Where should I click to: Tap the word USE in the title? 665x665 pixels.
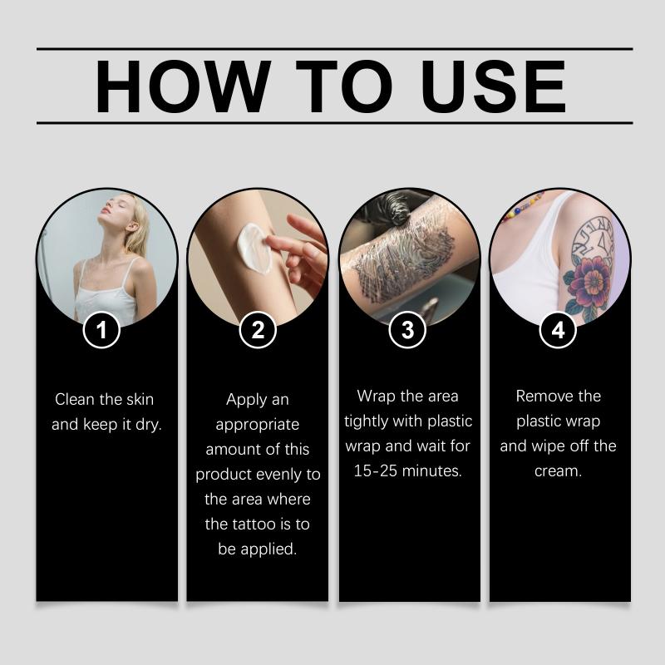tap(493, 86)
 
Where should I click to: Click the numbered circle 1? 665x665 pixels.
tap(101, 329)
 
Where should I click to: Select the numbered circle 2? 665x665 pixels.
tap(258, 329)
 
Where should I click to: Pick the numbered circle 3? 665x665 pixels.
tap(407, 329)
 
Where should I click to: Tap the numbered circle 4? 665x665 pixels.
tap(558, 329)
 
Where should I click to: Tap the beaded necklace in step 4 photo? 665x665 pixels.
tap(523, 206)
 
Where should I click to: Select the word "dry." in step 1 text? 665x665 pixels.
tap(149, 425)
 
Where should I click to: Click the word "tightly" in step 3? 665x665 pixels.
tap(366, 422)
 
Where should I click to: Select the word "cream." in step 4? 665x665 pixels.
tap(558, 471)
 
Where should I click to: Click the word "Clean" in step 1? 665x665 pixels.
tap(75, 400)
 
